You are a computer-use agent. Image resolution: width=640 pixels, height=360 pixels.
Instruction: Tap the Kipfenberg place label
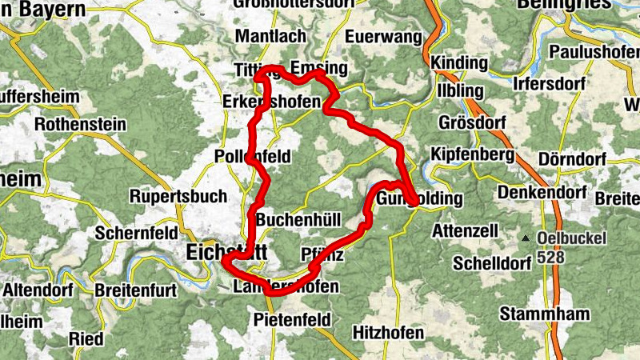(x=472, y=153)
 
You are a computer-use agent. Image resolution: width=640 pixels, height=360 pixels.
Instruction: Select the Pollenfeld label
(x=252, y=157)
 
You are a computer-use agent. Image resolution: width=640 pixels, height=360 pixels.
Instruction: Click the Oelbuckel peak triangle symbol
(x=526, y=239)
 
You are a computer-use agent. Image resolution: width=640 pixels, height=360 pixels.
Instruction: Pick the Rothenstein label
(x=80, y=126)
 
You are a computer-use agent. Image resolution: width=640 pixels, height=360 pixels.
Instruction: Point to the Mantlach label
(x=270, y=37)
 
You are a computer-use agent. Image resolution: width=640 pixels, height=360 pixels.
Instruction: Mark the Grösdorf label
(x=472, y=123)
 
